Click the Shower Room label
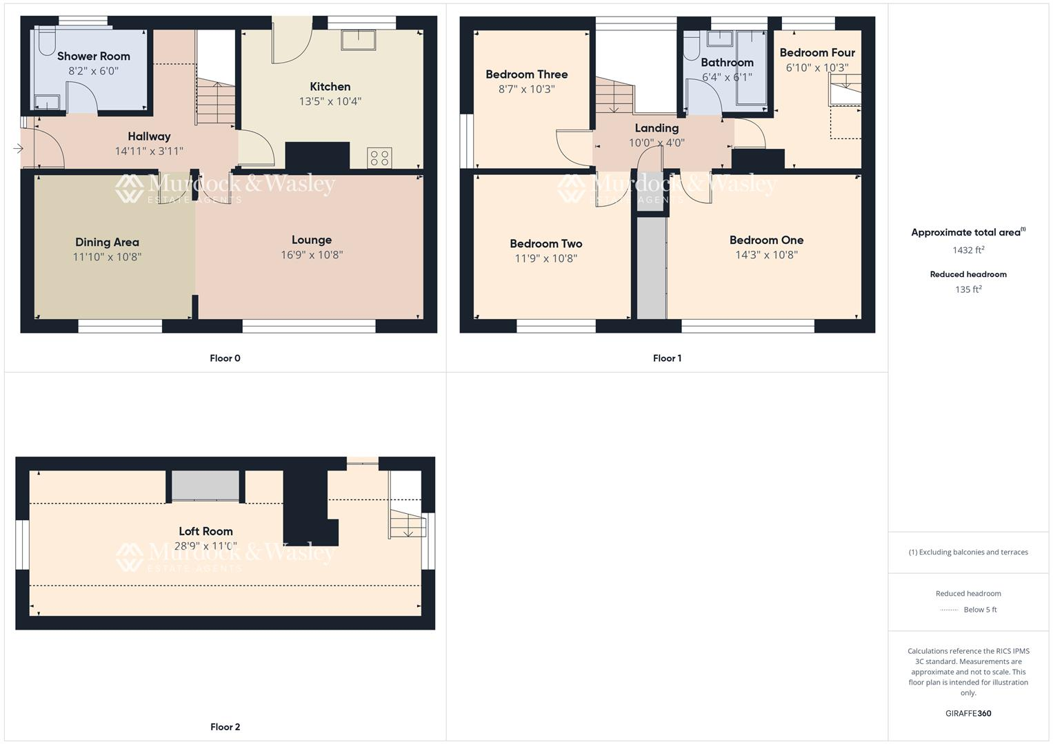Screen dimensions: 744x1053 pos(93,56)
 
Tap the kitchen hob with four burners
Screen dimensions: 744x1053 pos(380,158)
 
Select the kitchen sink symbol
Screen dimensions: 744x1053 pos(358,40)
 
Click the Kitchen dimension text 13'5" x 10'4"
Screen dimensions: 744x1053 pos(330,101)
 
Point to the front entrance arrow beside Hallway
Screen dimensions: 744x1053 pos(18,148)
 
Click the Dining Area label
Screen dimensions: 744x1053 pos(107,242)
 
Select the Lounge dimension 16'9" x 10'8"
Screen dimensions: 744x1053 pos(312,255)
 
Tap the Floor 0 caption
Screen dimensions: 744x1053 pos(225,358)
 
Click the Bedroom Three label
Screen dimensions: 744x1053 pos(526,74)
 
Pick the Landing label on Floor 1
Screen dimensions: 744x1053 pos(656,128)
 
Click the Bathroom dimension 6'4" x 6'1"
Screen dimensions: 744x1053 pos(727,77)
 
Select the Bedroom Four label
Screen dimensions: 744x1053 pos(817,53)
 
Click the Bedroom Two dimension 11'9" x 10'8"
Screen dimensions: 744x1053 pos(545,258)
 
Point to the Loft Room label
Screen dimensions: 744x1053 pos(205,531)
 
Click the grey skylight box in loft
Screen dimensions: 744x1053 pos(205,486)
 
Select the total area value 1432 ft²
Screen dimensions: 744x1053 pos(968,251)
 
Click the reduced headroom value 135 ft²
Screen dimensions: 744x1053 pos(968,289)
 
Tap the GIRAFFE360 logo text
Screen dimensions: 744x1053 pos(968,713)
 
